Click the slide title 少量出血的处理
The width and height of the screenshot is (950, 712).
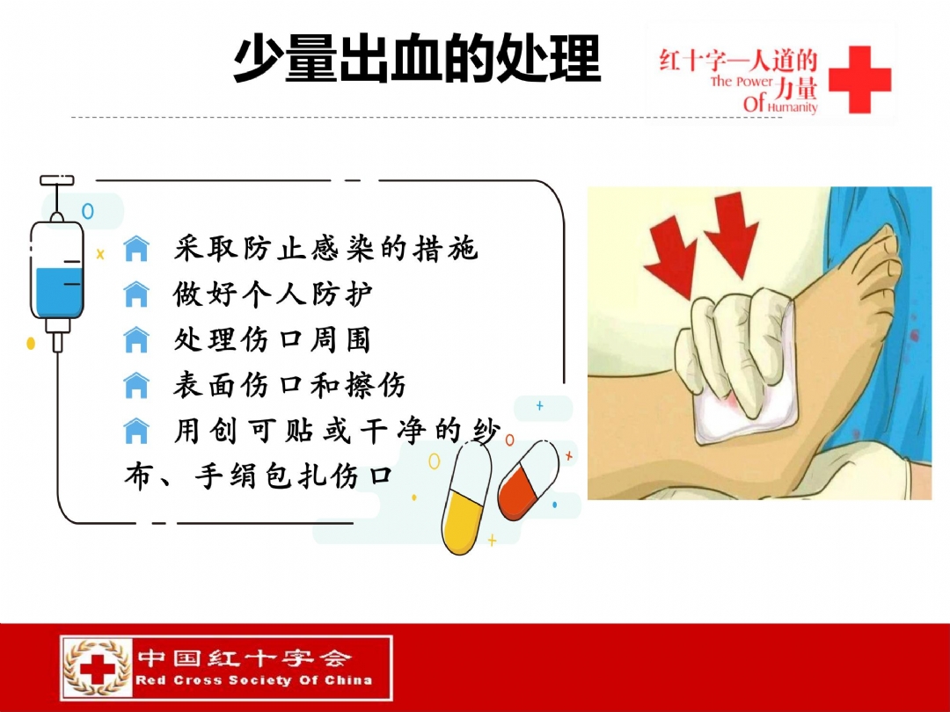click(417, 59)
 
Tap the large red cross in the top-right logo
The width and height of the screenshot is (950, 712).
click(859, 79)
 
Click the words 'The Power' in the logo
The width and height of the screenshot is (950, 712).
click(742, 81)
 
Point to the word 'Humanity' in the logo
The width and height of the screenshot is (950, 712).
click(793, 107)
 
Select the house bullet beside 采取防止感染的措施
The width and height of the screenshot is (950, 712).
click(136, 248)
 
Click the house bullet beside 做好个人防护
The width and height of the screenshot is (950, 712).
click(136, 294)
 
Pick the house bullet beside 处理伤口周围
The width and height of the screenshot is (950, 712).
click(136, 339)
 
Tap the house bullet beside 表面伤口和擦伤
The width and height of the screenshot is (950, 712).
click(136, 385)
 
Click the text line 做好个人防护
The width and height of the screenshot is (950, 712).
click(272, 294)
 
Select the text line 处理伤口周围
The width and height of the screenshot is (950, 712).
click(272, 339)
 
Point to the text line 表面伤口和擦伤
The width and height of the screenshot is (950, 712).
click(289, 385)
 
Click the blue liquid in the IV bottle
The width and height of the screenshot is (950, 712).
click(57, 292)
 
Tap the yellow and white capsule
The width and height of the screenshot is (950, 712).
click(466, 498)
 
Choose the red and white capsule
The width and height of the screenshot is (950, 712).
click(528, 480)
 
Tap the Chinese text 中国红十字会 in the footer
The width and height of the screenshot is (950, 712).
click(244, 658)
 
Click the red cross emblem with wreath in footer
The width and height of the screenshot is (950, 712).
click(98, 668)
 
